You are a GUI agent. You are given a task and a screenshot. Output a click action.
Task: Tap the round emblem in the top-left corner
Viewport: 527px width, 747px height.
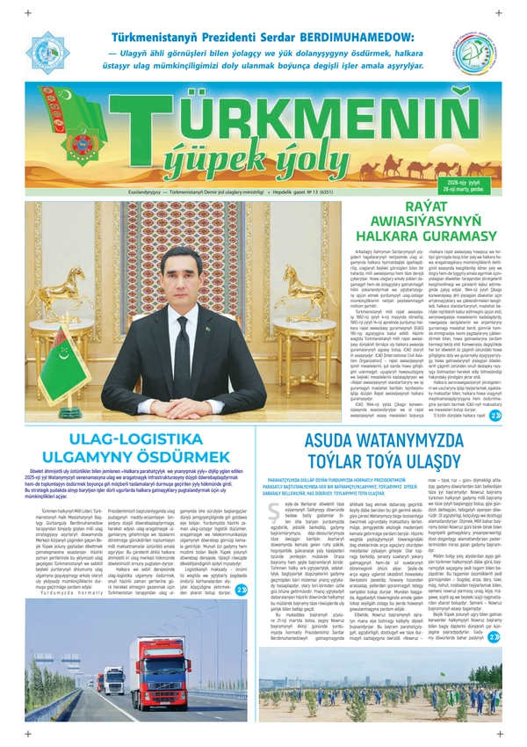[50, 53]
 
